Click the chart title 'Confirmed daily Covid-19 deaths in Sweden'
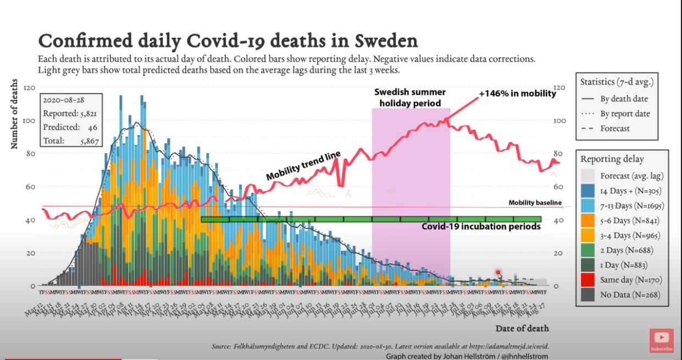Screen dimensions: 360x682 click(x=228, y=41)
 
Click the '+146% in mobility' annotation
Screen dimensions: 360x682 click(x=517, y=93)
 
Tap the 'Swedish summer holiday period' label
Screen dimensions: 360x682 click(x=410, y=98)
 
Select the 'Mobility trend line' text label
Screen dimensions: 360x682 click(x=303, y=166)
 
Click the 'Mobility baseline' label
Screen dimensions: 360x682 click(x=535, y=203)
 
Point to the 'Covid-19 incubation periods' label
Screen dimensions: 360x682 click(x=481, y=226)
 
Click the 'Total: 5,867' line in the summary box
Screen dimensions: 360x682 click(x=69, y=141)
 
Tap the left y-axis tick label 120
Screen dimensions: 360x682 click(x=29, y=87)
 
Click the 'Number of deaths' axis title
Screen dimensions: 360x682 click(x=14, y=114)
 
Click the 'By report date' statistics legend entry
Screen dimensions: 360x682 click(x=625, y=114)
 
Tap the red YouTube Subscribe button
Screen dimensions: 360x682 click(x=661, y=341)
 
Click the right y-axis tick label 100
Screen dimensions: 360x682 click(x=559, y=120)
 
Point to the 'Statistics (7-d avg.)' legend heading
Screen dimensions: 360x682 click(x=616, y=82)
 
